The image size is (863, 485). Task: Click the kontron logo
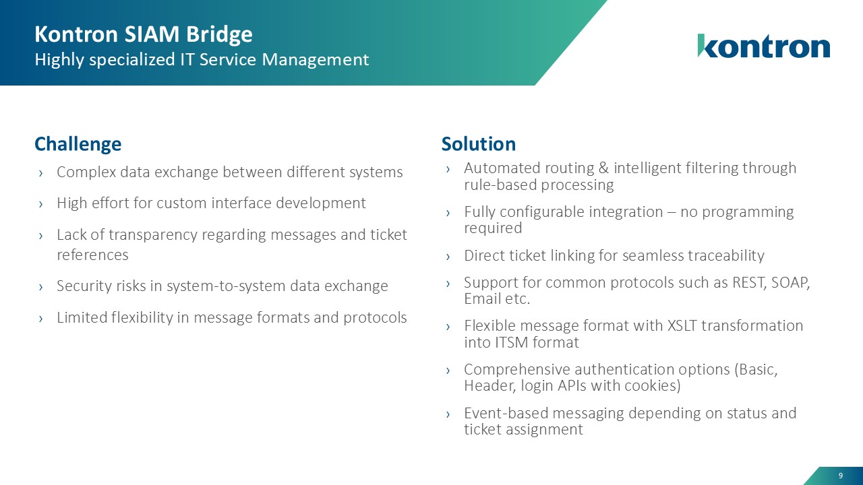click(x=763, y=46)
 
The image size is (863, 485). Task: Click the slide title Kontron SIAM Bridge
click(x=143, y=34)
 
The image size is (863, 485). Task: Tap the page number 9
click(x=840, y=476)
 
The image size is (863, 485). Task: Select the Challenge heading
click(x=78, y=144)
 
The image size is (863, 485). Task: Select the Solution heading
click(x=478, y=144)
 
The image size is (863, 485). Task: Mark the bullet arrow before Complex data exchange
click(x=42, y=173)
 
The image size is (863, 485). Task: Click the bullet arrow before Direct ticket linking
click(x=449, y=256)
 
